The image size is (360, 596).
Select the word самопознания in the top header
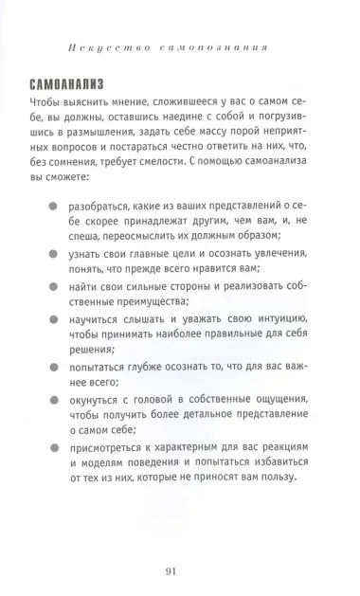tap(212, 45)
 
